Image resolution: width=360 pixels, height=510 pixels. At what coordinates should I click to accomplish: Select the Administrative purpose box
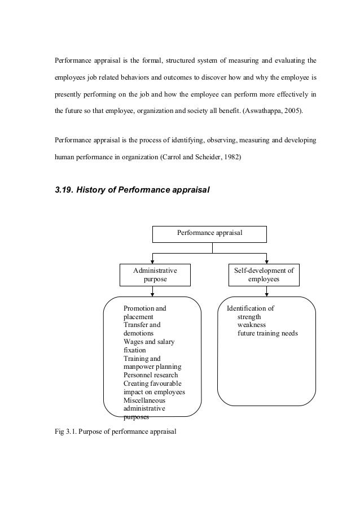coord(151,275)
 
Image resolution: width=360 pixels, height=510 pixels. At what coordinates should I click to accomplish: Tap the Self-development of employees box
coord(264,275)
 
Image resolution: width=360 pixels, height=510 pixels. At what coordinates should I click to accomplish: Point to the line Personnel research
coord(150,375)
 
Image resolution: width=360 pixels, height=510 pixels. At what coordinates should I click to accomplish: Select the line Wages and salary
coord(150,342)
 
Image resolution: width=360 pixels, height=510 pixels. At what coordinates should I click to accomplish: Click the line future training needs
coord(267,334)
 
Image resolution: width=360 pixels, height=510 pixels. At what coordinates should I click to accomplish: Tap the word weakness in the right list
coord(251,325)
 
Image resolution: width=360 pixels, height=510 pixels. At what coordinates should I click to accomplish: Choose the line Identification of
coord(250,309)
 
